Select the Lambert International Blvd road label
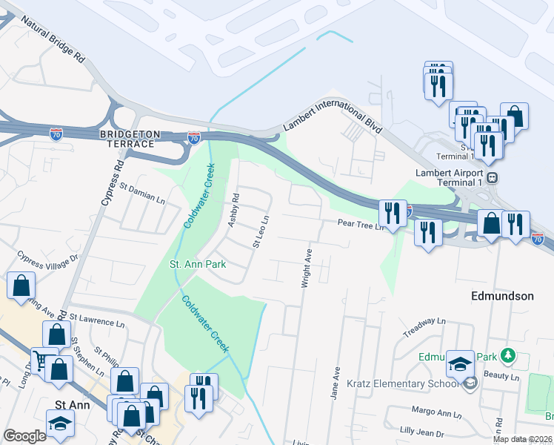click(x=333, y=117)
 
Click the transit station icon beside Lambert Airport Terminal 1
click(x=491, y=178)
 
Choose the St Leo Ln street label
click(x=260, y=231)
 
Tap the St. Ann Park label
click(x=198, y=264)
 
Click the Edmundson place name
click(x=502, y=296)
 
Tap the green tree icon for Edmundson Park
click(x=507, y=356)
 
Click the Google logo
click(x=25, y=436)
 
